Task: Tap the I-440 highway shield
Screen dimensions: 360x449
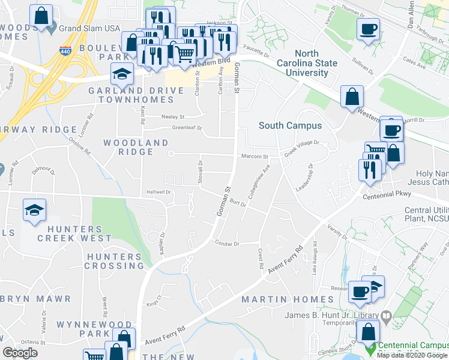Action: [x=64, y=52]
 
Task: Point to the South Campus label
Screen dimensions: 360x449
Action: [x=290, y=125]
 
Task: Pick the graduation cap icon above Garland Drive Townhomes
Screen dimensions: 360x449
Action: [x=122, y=74]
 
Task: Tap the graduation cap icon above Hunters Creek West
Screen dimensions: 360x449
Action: [x=34, y=211]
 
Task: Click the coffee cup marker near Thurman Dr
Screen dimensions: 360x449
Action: [x=368, y=28]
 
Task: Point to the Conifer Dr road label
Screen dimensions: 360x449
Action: [x=228, y=244]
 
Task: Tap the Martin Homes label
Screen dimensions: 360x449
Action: [x=287, y=299]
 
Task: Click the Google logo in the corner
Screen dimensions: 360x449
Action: [x=20, y=353]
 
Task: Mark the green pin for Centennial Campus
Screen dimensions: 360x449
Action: [x=371, y=347]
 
